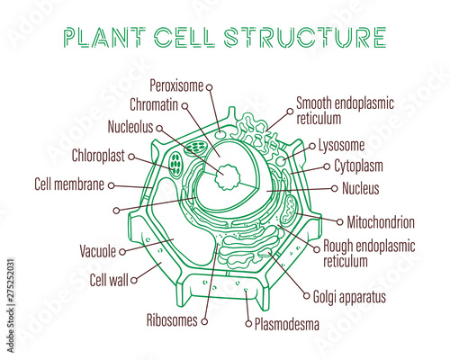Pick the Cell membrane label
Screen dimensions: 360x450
click(x=69, y=184)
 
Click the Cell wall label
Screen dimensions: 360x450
click(x=110, y=279)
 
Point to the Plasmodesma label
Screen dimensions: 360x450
click(x=287, y=323)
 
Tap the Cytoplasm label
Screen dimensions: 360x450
click(x=359, y=166)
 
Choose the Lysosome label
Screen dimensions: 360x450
click(x=343, y=144)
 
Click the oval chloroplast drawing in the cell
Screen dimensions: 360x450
click(x=175, y=164)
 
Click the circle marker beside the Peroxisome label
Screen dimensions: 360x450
click(x=209, y=86)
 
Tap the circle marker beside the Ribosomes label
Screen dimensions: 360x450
click(x=206, y=319)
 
